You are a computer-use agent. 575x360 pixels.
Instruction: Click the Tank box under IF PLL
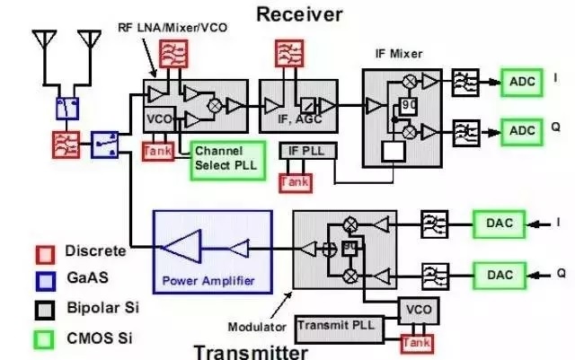click(294, 180)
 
